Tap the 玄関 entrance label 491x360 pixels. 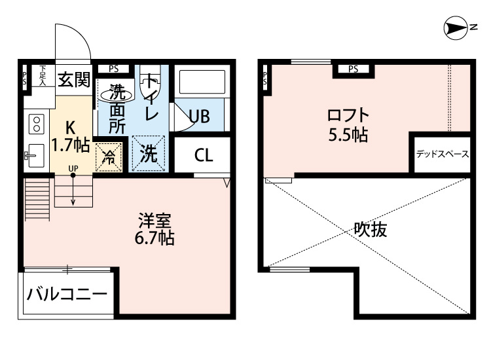[73, 80]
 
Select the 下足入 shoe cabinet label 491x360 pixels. [43, 75]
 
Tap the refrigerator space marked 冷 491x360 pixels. [109, 158]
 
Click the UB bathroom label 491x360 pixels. [198, 117]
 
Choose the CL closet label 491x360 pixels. [204, 156]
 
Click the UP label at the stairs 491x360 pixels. [73, 168]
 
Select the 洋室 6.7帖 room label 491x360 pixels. [155, 229]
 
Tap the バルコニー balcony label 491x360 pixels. [66, 293]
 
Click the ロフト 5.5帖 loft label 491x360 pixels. [348, 125]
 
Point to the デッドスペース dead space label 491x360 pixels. [442, 154]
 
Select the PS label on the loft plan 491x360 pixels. [353, 69]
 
